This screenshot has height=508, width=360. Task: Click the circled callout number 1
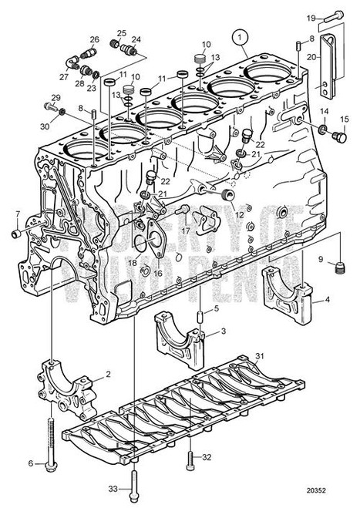241,35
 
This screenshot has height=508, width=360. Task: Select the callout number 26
94,39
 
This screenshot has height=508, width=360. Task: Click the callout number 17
185,229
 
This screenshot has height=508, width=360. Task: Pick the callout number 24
136,39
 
